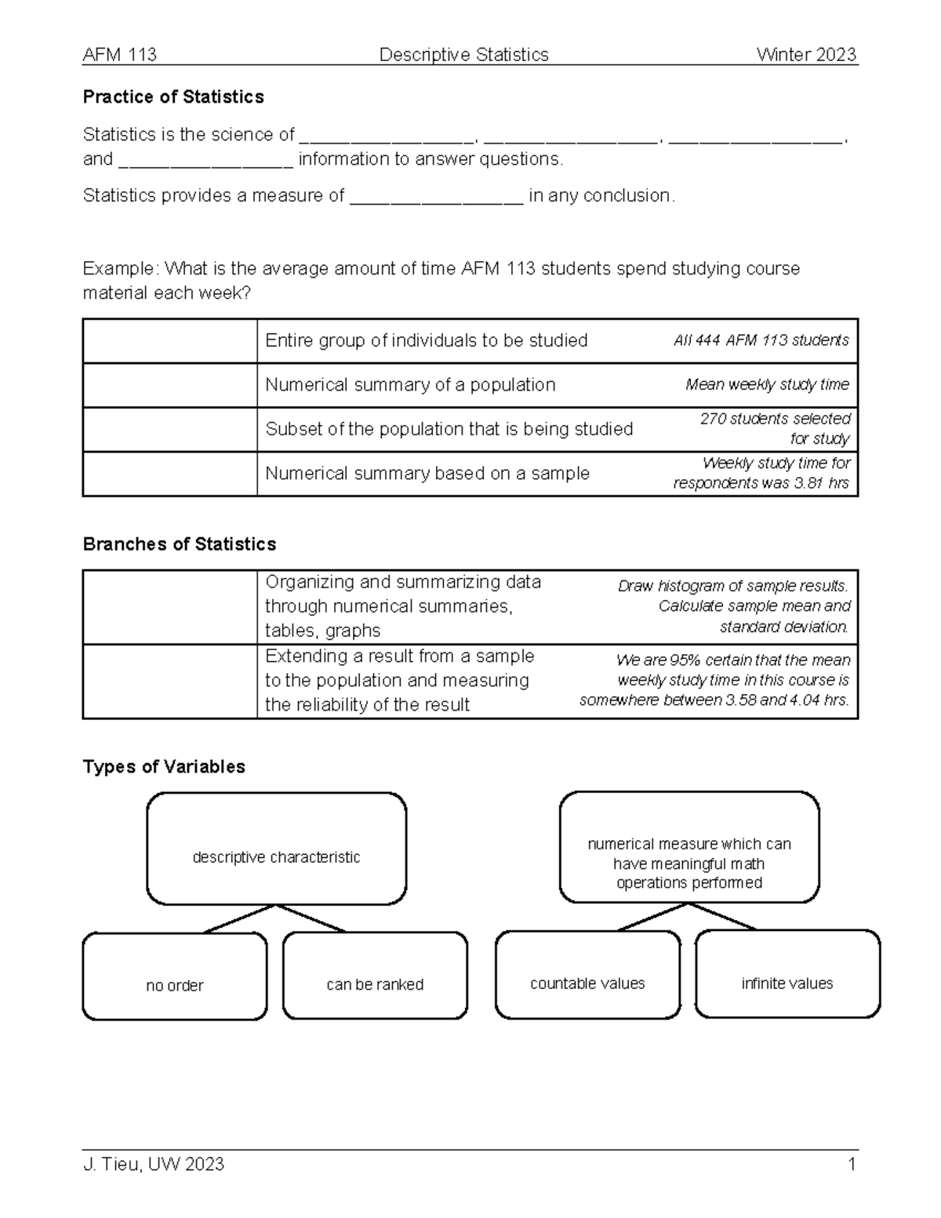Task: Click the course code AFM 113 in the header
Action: tap(119, 55)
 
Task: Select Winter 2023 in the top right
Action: tap(806, 55)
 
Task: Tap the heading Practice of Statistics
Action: tap(173, 97)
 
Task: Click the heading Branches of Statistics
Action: tap(180, 544)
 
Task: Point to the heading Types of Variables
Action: tap(164, 767)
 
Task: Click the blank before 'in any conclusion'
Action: tap(436, 196)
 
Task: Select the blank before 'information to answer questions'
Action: tap(205, 160)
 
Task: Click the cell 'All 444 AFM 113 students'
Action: tap(761, 340)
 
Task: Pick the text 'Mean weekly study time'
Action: tap(767, 385)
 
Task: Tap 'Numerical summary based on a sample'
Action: tap(427, 474)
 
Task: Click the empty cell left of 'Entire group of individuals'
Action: tap(169, 341)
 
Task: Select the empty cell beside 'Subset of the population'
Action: tap(169, 430)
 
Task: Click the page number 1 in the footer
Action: tap(851, 1165)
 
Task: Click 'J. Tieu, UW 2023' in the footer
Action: tap(154, 1165)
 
